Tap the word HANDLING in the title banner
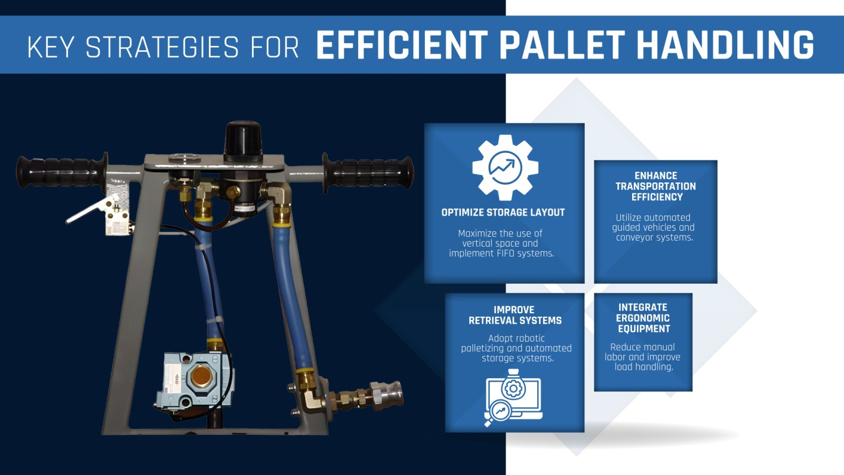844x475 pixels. (725, 45)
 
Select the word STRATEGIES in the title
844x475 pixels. (161, 47)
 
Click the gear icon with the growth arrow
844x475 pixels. (505, 168)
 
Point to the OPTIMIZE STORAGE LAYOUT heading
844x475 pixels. (503, 212)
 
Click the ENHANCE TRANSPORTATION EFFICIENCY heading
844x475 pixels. (655, 186)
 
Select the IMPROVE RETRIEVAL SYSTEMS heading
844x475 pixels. (515, 315)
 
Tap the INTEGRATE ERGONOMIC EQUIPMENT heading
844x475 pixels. (643, 318)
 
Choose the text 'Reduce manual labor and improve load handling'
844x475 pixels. (642, 357)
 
